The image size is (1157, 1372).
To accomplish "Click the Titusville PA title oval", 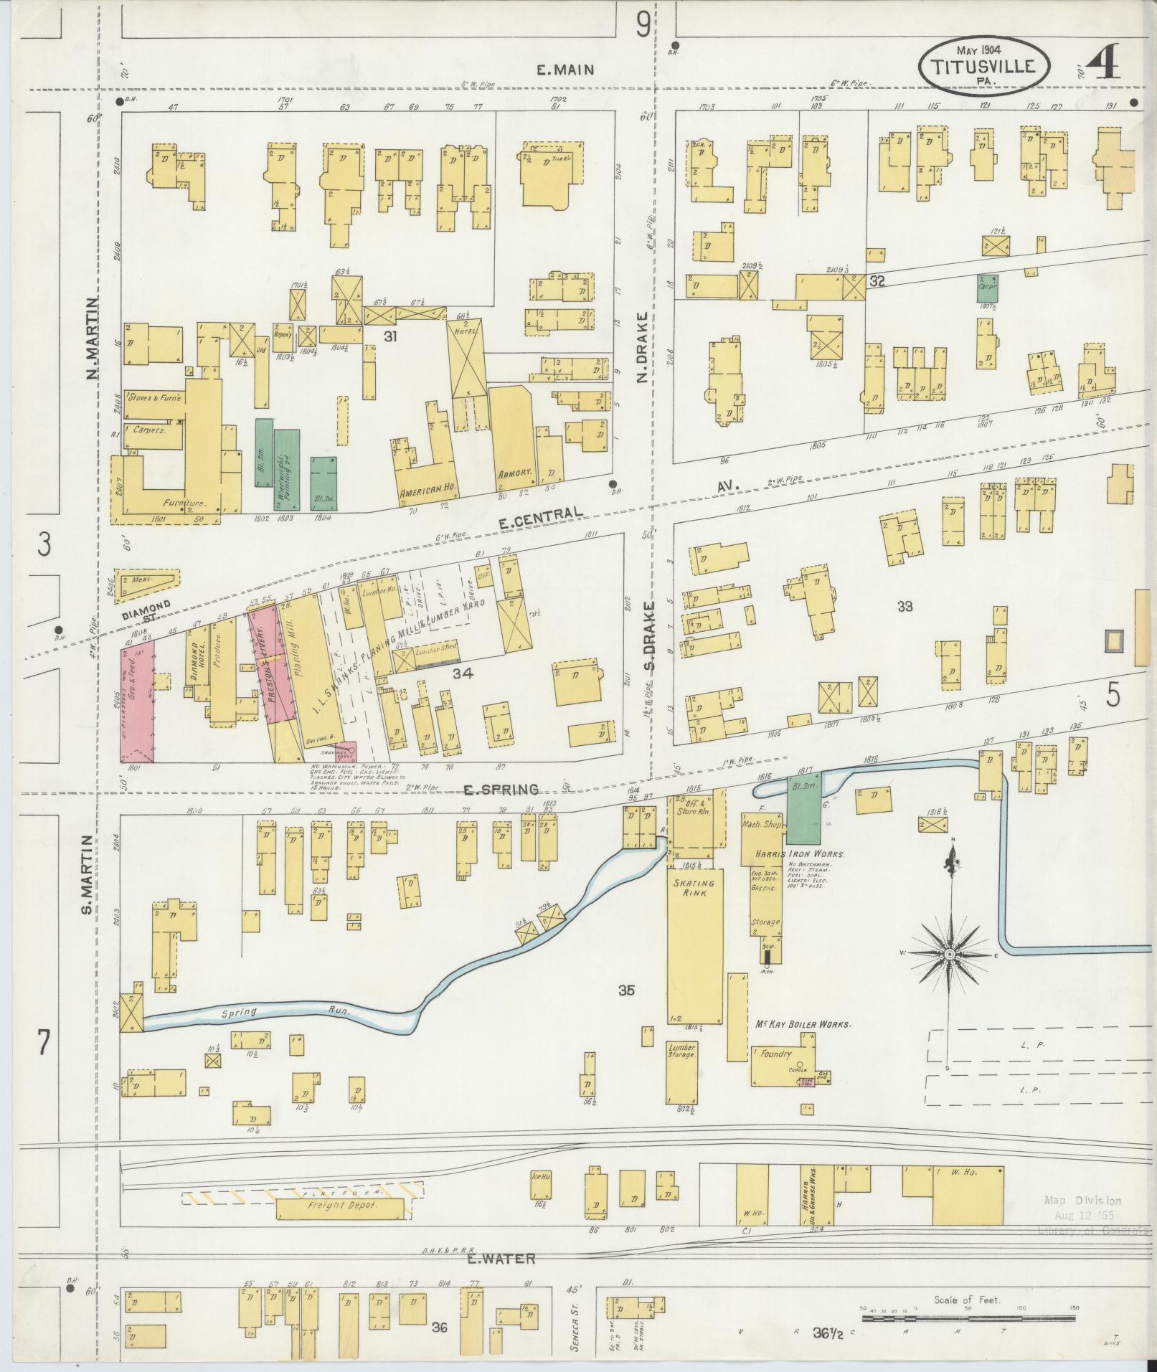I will point(984,67).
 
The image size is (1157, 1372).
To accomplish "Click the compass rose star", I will point(949,955).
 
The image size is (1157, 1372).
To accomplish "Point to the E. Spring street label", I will point(501,790).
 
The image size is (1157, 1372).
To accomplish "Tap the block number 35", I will point(626,991).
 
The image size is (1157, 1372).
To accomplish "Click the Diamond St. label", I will point(146,610).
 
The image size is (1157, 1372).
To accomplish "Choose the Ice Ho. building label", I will point(539,1176).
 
